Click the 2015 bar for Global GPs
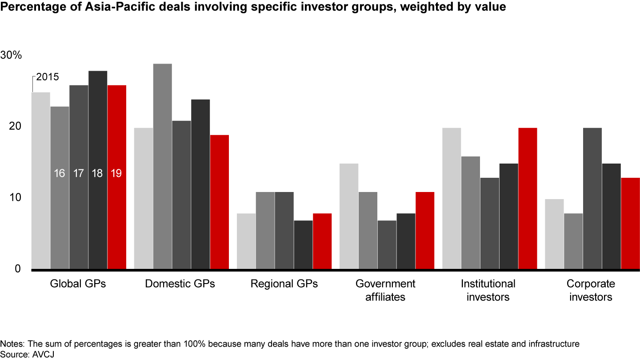tap(41, 180)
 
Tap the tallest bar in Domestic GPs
tap(162, 166)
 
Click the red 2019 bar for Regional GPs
tap(322, 241)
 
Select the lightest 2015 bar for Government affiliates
tap(349, 216)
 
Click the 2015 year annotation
tap(48, 77)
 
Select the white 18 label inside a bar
tap(98, 173)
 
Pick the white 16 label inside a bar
tap(60, 173)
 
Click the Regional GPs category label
tap(284, 284)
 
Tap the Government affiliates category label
tap(385, 290)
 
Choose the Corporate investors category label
tap(591, 290)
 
